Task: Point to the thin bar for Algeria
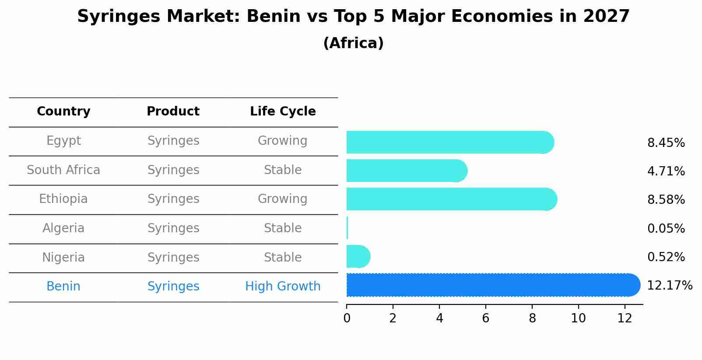point(347,228)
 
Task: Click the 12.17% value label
point(669,286)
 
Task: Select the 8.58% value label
point(666,200)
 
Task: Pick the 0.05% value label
point(666,228)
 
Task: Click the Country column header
point(63,112)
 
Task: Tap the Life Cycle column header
point(283,112)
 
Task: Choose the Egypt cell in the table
point(63,141)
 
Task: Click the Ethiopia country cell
point(63,199)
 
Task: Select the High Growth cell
point(283,287)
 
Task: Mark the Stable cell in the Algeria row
point(283,228)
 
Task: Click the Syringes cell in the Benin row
point(173,287)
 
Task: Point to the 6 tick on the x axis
point(485,318)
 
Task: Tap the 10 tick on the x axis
point(578,318)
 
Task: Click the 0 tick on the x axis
point(347,318)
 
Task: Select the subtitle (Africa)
point(353,43)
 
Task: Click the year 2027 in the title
point(606,17)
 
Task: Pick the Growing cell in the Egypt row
point(283,141)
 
